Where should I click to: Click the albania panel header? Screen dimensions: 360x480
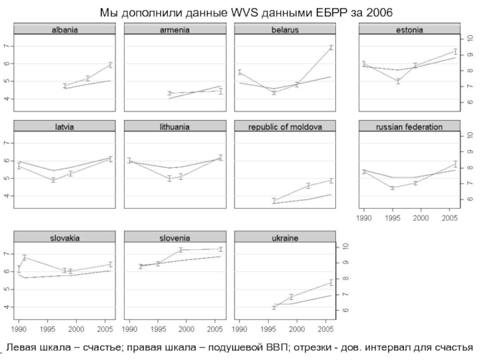[x=64, y=29]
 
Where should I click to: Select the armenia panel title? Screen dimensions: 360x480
[x=175, y=29]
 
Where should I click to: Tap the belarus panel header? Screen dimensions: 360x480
[x=285, y=29]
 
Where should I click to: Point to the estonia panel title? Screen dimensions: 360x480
[x=409, y=29]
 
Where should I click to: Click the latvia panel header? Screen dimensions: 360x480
[x=64, y=127]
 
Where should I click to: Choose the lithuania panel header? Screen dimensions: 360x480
[x=175, y=127]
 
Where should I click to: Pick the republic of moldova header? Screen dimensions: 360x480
[x=285, y=127]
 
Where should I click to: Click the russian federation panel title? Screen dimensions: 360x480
[x=409, y=127]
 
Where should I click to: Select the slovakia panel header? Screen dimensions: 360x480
[x=64, y=238]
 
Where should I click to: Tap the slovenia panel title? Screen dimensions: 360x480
[x=175, y=238]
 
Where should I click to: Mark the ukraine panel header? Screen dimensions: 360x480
[x=285, y=238]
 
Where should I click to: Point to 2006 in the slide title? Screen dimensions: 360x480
[x=376, y=12]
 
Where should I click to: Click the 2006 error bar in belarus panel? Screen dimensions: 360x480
[x=330, y=47]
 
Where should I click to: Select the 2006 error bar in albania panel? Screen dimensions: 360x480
[x=110, y=65]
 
